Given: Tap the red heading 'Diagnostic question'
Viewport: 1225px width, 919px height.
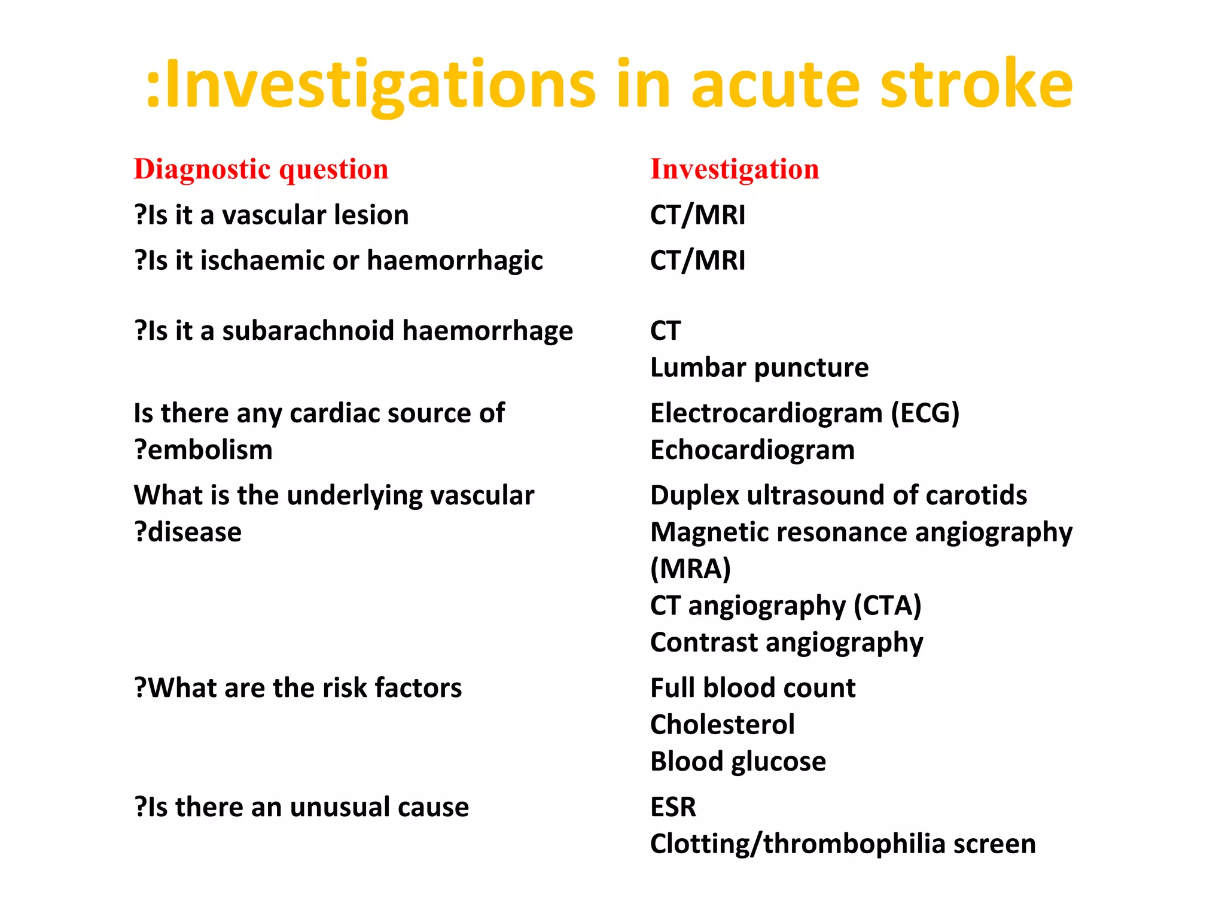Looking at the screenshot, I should tap(261, 169).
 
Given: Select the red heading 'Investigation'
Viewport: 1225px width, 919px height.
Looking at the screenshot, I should tap(734, 169).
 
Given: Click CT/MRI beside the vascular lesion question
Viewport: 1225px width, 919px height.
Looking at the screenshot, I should tap(697, 215).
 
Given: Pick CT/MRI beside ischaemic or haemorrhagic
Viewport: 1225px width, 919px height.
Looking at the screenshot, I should tap(697, 260).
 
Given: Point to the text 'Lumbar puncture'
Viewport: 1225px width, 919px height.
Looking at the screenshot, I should tap(758, 367).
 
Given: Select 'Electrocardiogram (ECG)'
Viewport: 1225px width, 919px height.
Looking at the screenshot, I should tap(804, 413).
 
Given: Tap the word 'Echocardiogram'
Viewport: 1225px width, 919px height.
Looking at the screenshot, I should tap(752, 450).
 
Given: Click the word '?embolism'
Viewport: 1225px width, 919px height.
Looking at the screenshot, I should tap(203, 450).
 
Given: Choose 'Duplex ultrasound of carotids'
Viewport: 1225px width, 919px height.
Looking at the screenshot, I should tap(838, 495).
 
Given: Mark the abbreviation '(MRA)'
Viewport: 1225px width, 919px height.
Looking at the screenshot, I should tap(690, 568).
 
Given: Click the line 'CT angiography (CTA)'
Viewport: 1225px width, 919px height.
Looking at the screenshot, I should tap(785, 605).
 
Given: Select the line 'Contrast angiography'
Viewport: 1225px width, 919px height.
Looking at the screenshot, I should tap(786, 643).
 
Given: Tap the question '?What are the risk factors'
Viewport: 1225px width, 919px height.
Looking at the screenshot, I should tap(298, 688).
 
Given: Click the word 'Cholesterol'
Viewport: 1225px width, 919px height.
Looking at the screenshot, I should tap(722, 725).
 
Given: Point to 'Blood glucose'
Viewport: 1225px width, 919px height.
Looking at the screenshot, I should tap(738, 762).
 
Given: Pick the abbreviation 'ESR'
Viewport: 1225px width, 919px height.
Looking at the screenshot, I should tap(673, 807).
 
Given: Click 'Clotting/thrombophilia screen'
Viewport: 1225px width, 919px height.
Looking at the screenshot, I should tap(842, 844).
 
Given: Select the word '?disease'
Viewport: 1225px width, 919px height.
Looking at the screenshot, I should tap(188, 532).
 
